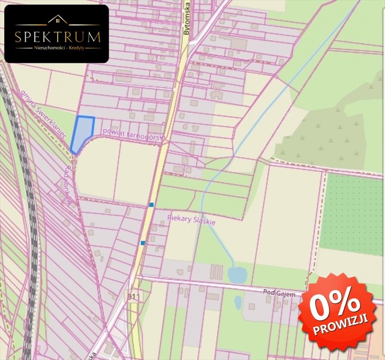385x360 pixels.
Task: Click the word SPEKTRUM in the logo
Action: tap(57, 37)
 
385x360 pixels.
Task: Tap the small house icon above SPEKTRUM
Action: tap(57, 20)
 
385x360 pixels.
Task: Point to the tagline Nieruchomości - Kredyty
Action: tap(57, 48)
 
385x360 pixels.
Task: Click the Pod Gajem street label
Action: tap(279, 294)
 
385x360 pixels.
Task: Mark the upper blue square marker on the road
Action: tap(151, 205)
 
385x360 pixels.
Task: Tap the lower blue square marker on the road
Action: tap(142, 243)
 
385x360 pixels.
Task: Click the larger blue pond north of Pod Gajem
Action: tap(238, 275)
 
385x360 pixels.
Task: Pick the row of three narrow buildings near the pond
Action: tap(216, 271)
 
